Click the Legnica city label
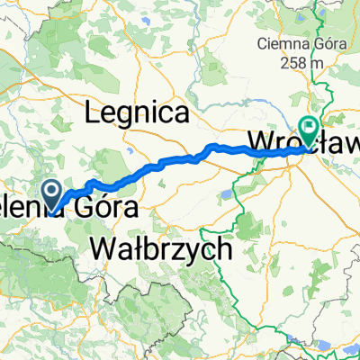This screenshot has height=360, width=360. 137,113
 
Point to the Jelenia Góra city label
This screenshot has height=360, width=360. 76,208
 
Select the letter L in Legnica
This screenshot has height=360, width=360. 92,113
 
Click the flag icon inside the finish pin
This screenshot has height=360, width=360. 310,128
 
